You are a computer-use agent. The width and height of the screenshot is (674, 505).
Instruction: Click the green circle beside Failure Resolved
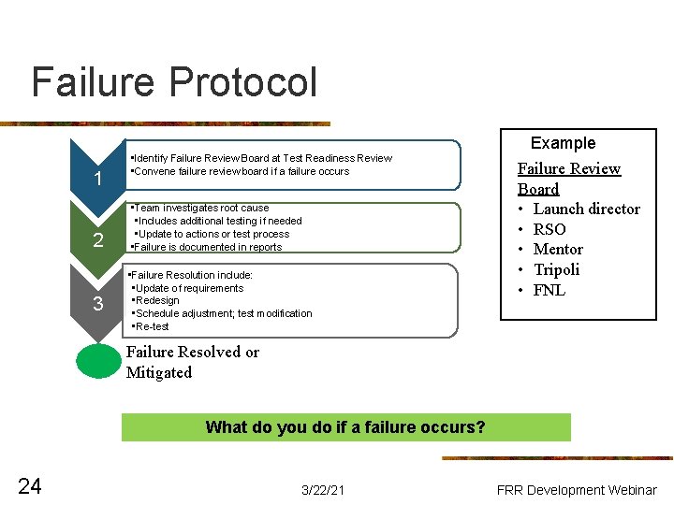point(98,362)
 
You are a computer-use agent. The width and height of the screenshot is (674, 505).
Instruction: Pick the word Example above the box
point(563,143)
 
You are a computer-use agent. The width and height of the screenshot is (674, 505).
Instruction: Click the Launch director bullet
point(586,209)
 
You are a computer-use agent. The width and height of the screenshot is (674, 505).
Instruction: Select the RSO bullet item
point(549,229)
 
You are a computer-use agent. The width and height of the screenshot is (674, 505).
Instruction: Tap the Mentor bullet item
point(558,249)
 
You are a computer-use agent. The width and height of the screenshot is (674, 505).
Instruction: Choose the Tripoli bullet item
point(556,269)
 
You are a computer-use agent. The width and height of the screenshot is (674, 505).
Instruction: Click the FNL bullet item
point(549,290)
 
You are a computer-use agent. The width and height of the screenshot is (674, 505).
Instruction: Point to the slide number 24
point(30,484)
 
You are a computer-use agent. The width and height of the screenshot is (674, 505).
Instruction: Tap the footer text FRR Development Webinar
point(577,489)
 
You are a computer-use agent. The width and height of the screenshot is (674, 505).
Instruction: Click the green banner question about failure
point(344,427)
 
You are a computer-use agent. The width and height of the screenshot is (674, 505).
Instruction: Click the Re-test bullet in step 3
point(153,326)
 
